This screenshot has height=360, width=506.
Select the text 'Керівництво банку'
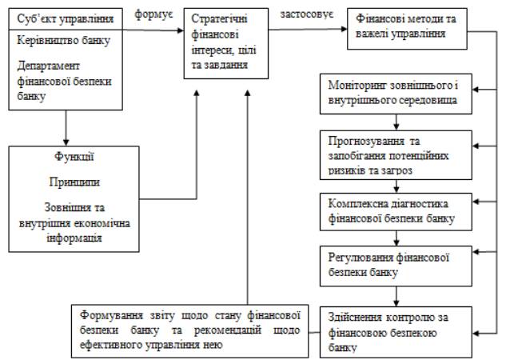(x=63, y=40)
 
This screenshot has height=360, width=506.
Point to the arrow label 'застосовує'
(x=308, y=14)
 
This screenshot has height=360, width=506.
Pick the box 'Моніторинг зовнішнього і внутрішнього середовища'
(x=396, y=92)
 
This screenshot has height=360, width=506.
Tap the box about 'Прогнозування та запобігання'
(x=396, y=153)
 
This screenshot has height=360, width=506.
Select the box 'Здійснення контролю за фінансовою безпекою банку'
(x=396, y=330)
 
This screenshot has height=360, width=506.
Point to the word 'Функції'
(x=70, y=158)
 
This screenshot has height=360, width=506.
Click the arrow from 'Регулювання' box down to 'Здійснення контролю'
(x=396, y=294)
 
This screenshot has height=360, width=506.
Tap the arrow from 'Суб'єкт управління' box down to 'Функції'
(x=63, y=126)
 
